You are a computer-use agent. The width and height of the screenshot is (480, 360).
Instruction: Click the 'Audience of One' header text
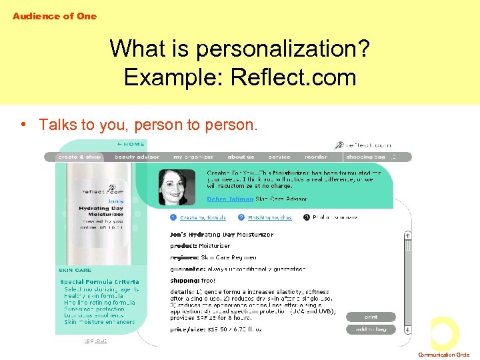pyautogui.click(x=55, y=16)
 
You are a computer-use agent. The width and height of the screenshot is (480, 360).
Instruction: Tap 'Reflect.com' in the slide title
pyautogui.click(x=293, y=77)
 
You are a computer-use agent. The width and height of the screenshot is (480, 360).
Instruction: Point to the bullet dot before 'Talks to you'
pyautogui.click(x=23, y=125)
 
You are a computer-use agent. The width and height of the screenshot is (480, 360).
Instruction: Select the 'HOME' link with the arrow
pyautogui.click(x=131, y=144)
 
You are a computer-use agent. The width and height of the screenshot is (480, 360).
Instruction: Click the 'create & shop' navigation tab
pyautogui.click(x=79, y=157)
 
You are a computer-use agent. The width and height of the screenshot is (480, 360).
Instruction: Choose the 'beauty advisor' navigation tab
pyautogui.click(x=137, y=157)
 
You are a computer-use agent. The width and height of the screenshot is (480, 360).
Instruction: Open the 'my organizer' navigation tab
pyautogui.click(x=193, y=157)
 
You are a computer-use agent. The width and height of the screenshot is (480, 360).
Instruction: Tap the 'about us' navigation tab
pyautogui.click(x=241, y=157)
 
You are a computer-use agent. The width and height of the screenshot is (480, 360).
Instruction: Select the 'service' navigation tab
pyautogui.click(x=279, y=157)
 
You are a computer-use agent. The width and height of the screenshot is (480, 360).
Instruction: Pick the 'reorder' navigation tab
pyautogui.click(x=316, y=157)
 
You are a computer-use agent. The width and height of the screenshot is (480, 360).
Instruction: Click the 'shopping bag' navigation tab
pyautogui.click(x=366, y=157)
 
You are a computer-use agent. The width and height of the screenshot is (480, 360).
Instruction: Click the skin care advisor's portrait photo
pyautogui.click(x=177, y=187)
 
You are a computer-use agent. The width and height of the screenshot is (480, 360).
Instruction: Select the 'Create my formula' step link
pyautogui.click(x=202, y=217)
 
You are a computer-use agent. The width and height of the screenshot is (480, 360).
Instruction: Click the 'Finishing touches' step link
pyautogui.click(x=270, y=217)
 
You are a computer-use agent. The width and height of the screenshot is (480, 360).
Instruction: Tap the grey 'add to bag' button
pyautogui.click(x=371, y=329)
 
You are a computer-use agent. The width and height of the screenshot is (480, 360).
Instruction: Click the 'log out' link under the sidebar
pyautogui.click(x=94, y=341)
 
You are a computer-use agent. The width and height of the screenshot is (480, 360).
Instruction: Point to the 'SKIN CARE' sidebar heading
pyautogui.click(x=75, y=270)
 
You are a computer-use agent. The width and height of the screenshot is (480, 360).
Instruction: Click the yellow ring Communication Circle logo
pyautogui.click(x=445, y=333)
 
